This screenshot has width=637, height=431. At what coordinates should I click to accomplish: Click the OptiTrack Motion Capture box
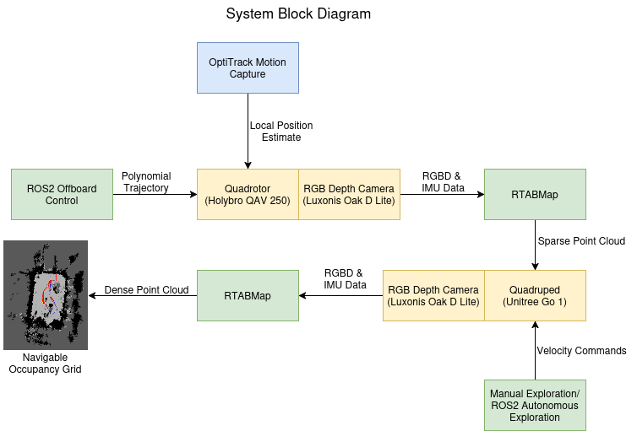(248, 68)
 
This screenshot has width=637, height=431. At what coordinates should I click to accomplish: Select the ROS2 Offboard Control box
(62, 195)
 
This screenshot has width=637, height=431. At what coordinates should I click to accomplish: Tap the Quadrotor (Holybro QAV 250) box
(248, 195)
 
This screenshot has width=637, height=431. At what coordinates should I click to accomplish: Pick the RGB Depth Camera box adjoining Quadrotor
(349, 195)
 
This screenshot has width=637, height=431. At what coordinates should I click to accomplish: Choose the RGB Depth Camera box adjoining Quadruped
(433, 296)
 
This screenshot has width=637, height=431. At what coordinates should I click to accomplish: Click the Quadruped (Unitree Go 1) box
(535, 296)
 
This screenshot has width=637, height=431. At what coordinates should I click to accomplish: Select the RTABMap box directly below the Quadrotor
(248, 296)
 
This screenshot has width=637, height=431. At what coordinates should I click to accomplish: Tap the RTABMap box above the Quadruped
(535, 195)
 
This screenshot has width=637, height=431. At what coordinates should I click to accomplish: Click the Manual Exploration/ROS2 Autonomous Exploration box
(535, 406)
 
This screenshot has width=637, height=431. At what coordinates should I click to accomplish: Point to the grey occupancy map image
(25, 329)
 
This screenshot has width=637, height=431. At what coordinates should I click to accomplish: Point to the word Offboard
(77, 189)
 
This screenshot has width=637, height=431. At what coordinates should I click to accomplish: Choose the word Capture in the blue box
(248, 74)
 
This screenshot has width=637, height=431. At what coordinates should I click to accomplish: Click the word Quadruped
(535, 290)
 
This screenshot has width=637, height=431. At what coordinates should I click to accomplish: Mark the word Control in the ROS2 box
(62, 201)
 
